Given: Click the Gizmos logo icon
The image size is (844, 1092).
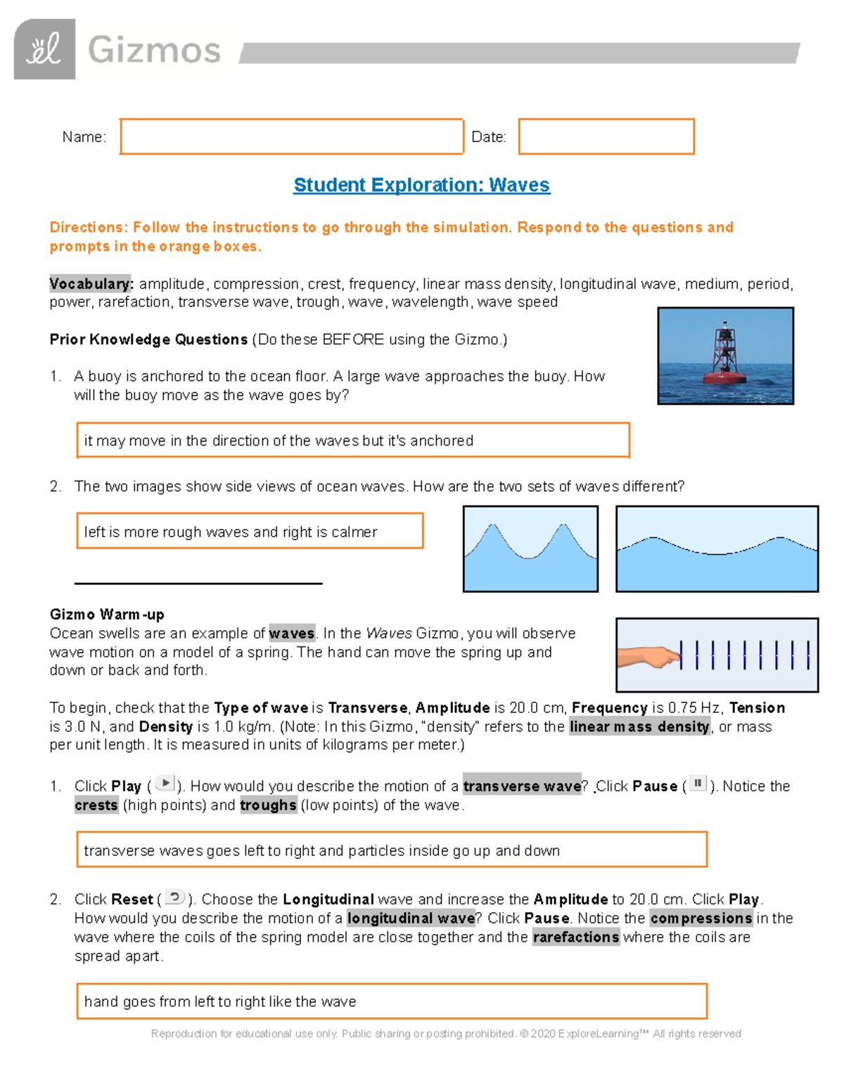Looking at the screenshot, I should pos(44,49).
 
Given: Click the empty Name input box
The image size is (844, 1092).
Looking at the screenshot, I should pos(291,136).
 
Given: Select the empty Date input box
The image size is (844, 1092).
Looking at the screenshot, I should pos(606,136).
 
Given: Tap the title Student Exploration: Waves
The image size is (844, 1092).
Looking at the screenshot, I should pos(421,185).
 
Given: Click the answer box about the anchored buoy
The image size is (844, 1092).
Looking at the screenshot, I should pos(352,441).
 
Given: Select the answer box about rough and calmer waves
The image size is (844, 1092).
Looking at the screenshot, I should pos(250,532).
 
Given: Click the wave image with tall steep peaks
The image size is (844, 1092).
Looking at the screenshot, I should pos(530,548).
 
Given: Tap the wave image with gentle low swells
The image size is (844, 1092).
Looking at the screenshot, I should pos(717,548).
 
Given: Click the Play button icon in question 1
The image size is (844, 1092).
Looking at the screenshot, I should pos(165,783).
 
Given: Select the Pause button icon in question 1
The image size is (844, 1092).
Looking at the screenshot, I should pos(698,783).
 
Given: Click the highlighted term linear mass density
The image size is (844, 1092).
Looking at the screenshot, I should pos(639,727).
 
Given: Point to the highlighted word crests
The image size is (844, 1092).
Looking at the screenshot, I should pos(96,805).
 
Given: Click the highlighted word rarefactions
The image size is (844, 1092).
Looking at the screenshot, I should pos(576,937).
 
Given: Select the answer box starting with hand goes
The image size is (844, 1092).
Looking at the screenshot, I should pos(391,1001).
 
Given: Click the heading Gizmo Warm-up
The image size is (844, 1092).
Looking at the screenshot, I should pos(107,615).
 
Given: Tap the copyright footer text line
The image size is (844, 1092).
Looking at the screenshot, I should pos(446,1034).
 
